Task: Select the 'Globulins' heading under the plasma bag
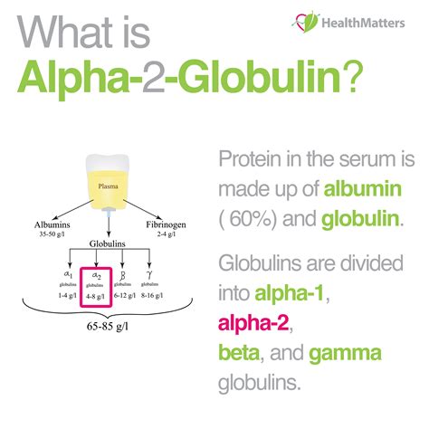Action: pos(107,243)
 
